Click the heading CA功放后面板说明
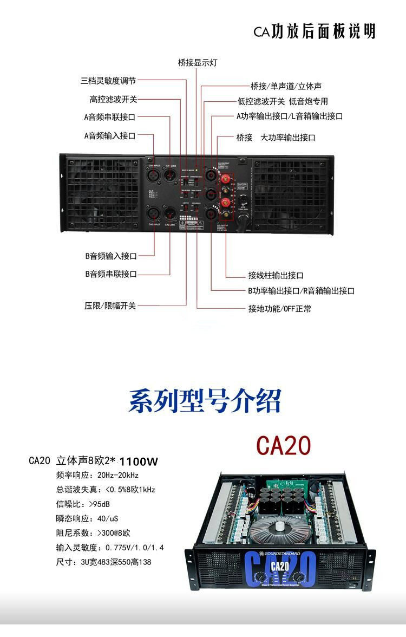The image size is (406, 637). coord(315,31)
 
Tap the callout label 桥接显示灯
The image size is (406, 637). coord(198,62)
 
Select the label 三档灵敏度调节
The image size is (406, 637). coord(108,81)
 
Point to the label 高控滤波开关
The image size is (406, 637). coord(114,99)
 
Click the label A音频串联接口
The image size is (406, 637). coord(110,116)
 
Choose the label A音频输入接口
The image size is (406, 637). coord(110,135)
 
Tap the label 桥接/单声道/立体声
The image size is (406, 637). coord(286,86)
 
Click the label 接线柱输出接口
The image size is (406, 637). coord(276,276)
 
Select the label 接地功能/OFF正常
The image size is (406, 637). coord(280,309)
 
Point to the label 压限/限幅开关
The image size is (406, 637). coord(110,306)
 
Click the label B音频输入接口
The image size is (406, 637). coord(111,256)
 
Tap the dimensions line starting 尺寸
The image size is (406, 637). coord(104,562)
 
